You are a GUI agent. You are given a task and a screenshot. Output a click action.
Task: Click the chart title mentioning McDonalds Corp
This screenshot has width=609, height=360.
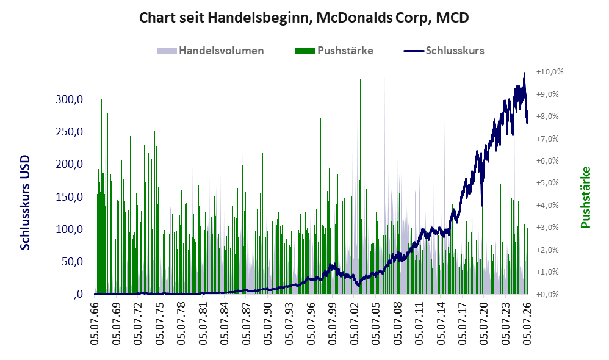tap(304, 18)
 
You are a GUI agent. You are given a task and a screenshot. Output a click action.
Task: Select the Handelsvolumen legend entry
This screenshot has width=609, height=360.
tap(211, 51)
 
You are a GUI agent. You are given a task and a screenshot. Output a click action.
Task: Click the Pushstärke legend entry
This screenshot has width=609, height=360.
tap(334, 51)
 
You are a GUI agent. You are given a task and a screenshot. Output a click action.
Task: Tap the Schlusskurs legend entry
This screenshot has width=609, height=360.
tap(444, 51)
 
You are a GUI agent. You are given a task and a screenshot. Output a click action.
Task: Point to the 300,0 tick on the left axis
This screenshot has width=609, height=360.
tap(69, 99)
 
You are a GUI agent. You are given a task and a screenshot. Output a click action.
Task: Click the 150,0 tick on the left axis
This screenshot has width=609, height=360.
tap(69, 197)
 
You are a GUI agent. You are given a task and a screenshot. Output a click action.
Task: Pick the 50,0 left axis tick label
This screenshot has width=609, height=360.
tap(73, 262)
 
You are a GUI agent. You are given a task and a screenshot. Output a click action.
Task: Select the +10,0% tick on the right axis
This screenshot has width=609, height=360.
tap(550, 72)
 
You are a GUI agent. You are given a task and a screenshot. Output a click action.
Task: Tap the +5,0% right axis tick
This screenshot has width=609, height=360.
tap(547, 183)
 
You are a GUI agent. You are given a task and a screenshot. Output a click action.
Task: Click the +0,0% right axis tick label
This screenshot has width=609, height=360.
tap(547, 294)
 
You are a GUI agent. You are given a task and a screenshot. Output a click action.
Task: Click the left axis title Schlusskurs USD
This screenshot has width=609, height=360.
tap(25, 203)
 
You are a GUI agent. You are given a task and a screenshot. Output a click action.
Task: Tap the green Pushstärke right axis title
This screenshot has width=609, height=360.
tap(585, 197)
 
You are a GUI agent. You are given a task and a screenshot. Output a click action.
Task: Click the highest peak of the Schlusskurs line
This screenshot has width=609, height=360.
tap(524, 73)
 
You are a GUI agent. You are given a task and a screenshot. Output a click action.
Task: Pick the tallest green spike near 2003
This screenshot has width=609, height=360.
tap(361, 187)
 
